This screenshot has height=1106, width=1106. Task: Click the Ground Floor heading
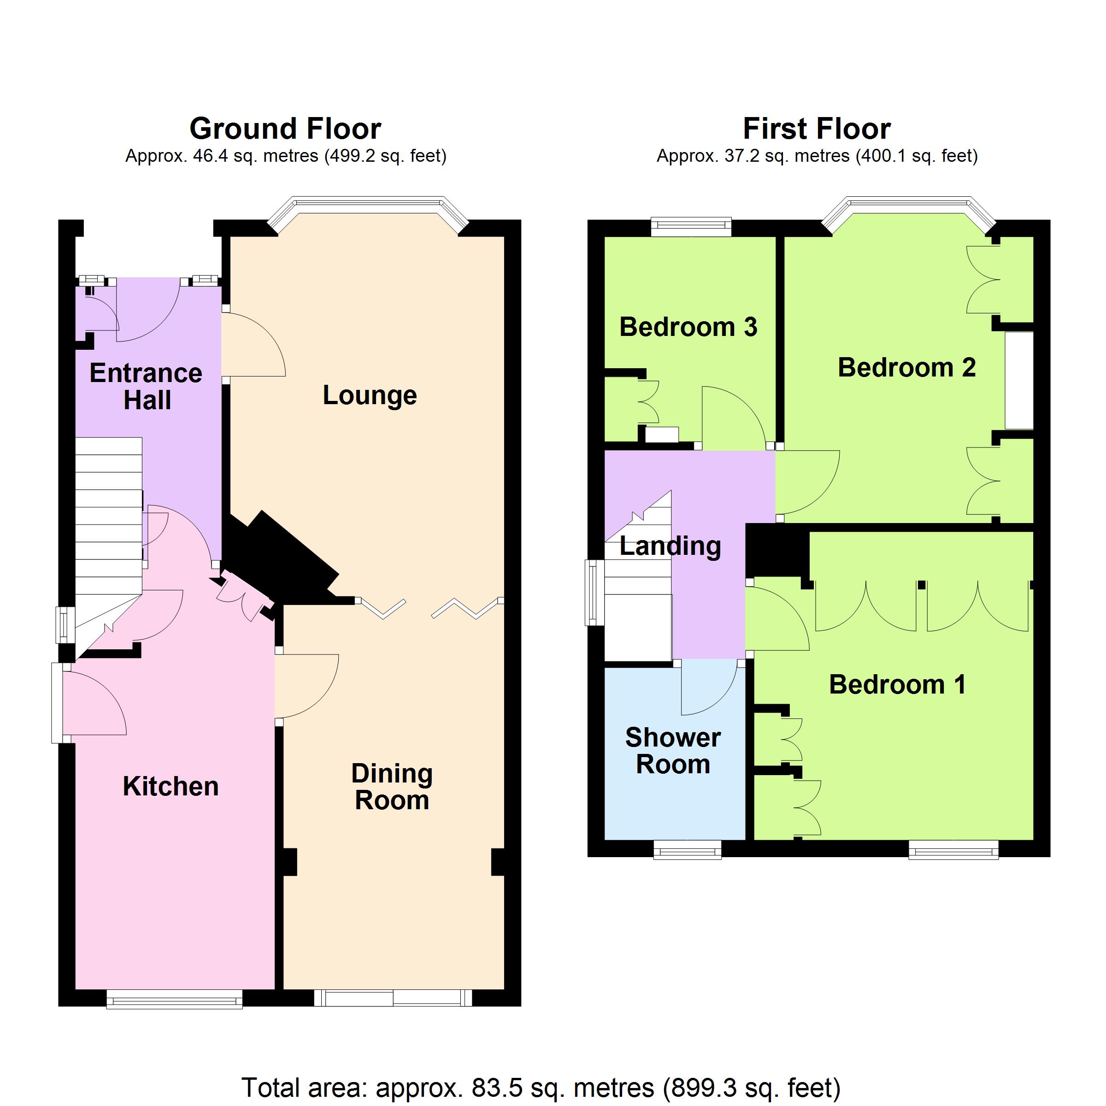tap(285, 129)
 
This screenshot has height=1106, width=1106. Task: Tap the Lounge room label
tap(370, 395)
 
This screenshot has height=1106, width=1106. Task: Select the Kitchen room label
tap(171, 786)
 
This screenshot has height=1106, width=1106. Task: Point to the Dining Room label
tap(392, 787)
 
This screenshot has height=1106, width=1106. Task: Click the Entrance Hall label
tap(146, 387)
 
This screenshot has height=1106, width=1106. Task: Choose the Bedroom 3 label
tap(688, 327)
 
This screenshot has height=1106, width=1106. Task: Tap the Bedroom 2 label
tap(907, 367)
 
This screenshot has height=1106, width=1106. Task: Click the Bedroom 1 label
tap(898, 684)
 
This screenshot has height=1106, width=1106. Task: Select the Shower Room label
tap(673, 751)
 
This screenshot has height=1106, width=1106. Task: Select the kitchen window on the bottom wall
tap(174, 999)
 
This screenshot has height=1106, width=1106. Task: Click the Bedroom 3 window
tap(692, 227)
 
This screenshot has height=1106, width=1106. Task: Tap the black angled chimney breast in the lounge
tap(281, 558)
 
